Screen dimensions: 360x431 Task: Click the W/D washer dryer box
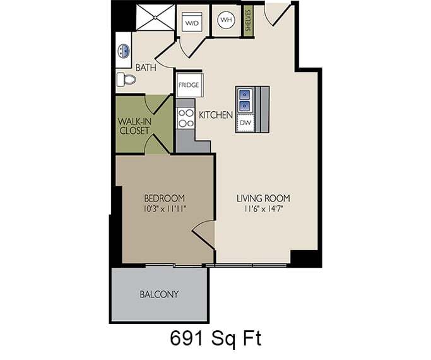(x=192, y=23)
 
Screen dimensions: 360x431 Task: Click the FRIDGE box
(x=189, y=84)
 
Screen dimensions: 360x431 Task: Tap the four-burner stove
(x=186, y=118)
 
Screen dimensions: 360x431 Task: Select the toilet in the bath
(x=126, y=80)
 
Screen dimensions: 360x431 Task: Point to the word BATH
(x=146, y=67)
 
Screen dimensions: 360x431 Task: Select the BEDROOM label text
(x=163, y=198)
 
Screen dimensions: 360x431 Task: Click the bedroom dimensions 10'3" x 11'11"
(x=163, y=208)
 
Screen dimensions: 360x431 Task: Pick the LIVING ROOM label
(x=264, y=198)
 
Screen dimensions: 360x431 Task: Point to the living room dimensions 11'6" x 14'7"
(x=264, y=208)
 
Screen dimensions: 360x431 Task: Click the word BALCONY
(x=159, y=294)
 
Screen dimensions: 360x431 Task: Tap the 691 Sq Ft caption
(x=215, y=339)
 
